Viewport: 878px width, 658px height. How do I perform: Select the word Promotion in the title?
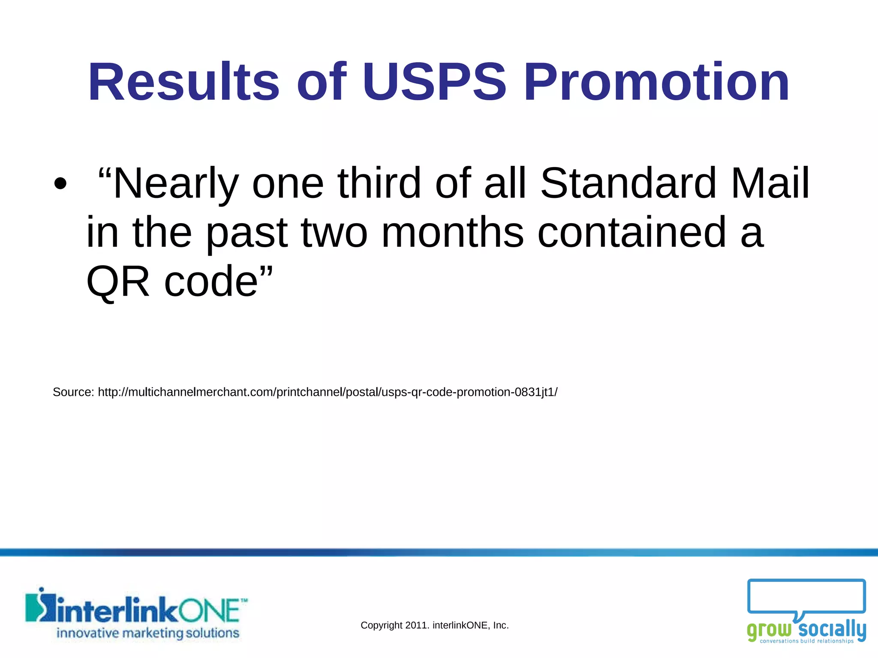tap(656, 82)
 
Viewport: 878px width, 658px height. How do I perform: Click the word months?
tap(452, 233)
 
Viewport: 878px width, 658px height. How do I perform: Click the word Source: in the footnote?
tap(73, 392)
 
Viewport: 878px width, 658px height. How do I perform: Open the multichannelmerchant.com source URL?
tap(328, 392)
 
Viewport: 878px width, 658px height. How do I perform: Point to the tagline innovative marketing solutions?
tap(148, 633)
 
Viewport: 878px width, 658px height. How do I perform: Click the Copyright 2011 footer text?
tap(434, 625)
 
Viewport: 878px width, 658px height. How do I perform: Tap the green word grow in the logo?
tap(769, 630)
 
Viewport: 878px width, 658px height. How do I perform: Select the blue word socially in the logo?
tap(832, 629)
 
